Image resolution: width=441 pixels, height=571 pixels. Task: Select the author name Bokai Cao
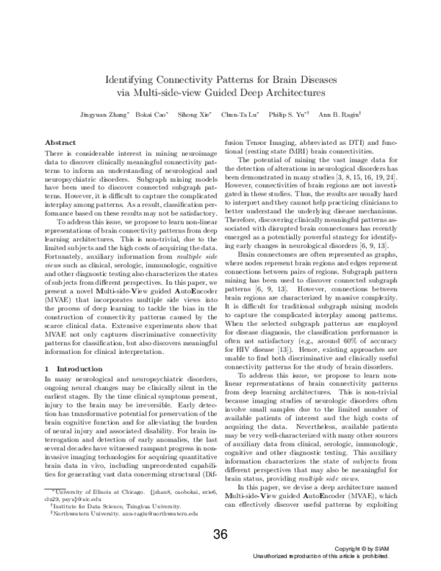point(152,116)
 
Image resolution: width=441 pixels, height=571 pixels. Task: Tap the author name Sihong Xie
point(196,116)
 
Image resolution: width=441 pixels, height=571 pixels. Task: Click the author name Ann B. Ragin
point(337,116)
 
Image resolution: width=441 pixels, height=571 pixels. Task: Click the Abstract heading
point(60,141)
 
